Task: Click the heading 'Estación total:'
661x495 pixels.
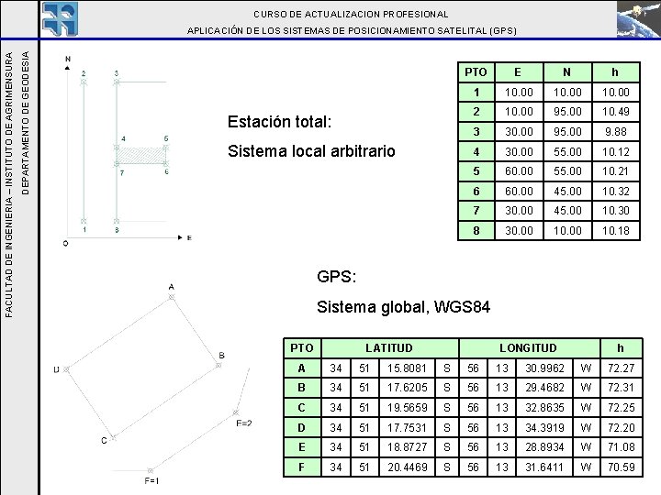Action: (283, 121)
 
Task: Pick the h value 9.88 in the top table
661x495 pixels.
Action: (615, 131)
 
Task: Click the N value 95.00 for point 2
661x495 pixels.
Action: (566, 111)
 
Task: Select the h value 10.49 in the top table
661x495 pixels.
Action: (615, 111)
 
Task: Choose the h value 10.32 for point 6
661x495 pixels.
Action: (615, 192)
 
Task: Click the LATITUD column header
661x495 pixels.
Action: (389, 348)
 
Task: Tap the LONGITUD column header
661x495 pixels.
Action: (527, 348)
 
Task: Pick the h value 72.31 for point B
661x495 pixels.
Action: (621, 388)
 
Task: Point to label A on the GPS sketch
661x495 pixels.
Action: (171, 287)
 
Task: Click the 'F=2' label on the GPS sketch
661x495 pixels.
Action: (243, 423)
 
